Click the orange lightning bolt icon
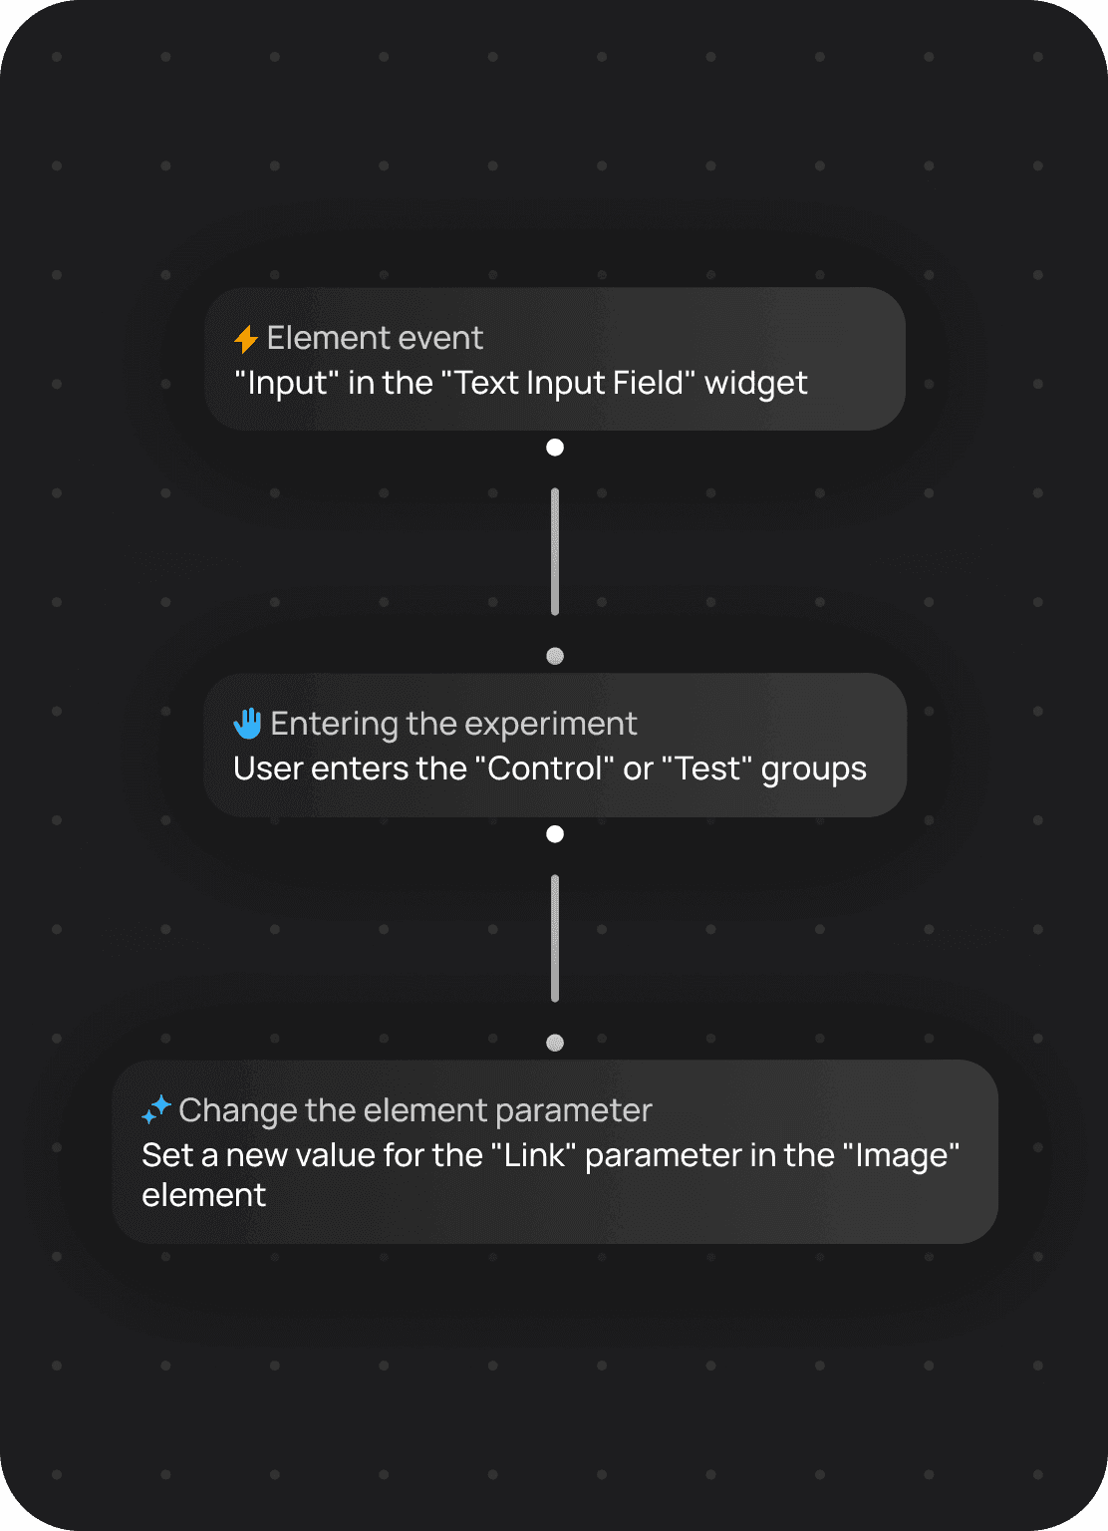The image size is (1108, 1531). click(246, 339)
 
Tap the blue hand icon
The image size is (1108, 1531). click(247, 724)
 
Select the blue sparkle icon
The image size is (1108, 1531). click(156, 1109)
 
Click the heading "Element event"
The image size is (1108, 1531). click(375, 339)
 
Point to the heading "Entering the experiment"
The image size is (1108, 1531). click(453, 724)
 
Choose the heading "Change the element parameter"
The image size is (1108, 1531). click(415, 1110)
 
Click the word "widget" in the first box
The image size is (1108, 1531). click(755, 383)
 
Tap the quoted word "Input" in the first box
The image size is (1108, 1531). click(286, 383)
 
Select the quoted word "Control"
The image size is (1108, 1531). click(544, 768)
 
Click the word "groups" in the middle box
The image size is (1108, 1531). click(813, 769)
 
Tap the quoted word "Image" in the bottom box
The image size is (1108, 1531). click(901, 1155)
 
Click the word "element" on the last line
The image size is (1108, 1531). click(203, 1195)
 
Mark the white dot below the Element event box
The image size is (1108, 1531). click(555, 448)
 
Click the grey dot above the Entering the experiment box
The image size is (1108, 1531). click(555, 656)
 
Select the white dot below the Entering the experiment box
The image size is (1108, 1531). click(555, 834)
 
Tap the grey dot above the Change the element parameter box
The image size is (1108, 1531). click(555, 1043)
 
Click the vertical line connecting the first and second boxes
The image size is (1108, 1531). click(555, 551)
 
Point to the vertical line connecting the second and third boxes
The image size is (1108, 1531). click(555, 938)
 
